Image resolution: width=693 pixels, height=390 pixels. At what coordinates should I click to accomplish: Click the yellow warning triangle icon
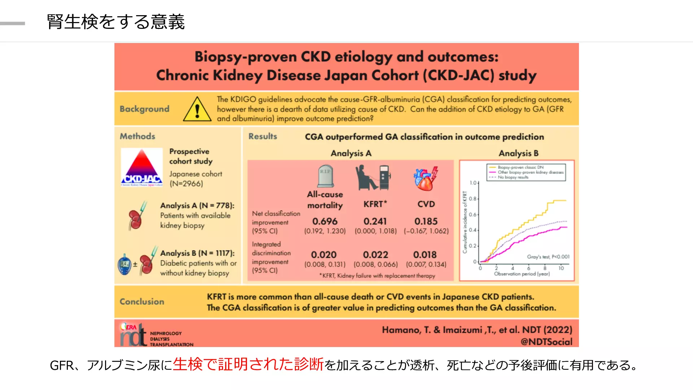tap(197, 109)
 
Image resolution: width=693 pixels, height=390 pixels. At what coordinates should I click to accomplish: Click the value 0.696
tap(325, 221)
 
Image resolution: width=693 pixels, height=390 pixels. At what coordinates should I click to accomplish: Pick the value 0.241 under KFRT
tap(375, 221)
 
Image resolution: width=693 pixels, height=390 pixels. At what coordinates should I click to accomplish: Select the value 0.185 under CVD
tap(426, 221)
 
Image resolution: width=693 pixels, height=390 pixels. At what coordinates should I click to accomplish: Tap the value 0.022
tap(375, 255)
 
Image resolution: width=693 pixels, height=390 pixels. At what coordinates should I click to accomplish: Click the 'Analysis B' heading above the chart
tap(518, 153)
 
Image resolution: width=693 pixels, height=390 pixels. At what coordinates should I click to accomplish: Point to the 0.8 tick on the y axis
tap(473, 199)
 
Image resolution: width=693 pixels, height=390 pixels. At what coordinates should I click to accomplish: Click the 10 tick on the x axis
tap(561, 268)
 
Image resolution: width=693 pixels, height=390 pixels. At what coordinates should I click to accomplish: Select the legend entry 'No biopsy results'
tap(513, 177)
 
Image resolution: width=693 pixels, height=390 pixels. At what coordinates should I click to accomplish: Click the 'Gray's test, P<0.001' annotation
tap(548, 257)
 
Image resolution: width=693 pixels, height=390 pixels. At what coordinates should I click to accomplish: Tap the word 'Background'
tap(144, 109)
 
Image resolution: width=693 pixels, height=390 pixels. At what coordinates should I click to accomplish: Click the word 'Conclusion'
tap(142, 302)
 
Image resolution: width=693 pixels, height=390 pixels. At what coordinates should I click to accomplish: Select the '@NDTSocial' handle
tap(546, 342)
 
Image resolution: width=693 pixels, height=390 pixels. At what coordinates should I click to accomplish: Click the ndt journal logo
tap(133, 335)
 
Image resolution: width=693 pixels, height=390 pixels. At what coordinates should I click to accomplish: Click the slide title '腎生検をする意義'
tap(115, 22)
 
